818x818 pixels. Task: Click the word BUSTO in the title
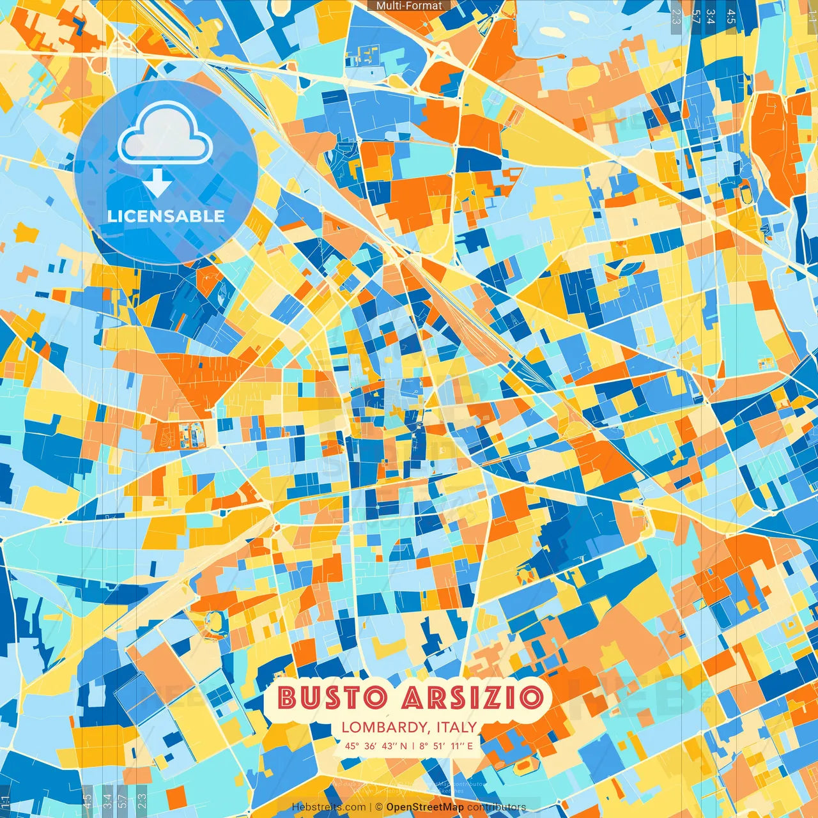click(x=332, y=697)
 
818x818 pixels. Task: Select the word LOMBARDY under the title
click(x=383, y=727)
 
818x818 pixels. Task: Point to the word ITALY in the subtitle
click(x=456, y=727)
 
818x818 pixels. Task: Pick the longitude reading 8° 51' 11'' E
click(x=446, y=746)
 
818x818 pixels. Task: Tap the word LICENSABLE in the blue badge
click(x=166, y=216)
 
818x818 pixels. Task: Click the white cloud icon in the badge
click(x=166, y=133)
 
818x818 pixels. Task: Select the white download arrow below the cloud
click(x=157, y=183)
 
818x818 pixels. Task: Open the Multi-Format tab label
click(x=409, y=6)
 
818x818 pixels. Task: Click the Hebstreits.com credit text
click(x=328, y=807)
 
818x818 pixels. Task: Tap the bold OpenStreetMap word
click(x=425, y=807)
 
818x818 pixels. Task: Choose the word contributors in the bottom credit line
click(x=497, y=807)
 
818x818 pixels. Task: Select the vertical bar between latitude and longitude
click(x=413, y=746)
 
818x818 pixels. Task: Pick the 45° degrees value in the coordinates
click(x=352, y=746)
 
